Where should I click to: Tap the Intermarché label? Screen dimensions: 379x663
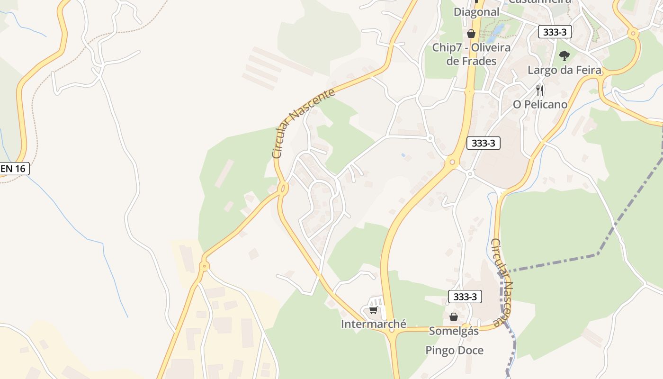click(374, 324)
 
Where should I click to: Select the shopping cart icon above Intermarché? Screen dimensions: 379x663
click(373, 310)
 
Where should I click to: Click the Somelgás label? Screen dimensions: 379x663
click(454, 331)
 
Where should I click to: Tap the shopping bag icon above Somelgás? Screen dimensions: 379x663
click(454, 317)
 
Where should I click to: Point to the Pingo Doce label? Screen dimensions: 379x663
click(454, 351)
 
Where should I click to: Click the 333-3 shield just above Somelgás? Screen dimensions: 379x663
click(465, 297)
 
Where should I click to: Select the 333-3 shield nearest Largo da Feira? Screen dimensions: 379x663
click(555, 32)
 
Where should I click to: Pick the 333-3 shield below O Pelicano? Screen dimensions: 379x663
click(483, 143)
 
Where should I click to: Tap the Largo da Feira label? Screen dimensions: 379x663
click(564, 70)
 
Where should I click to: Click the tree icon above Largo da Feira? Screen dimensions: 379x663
click(564, 56)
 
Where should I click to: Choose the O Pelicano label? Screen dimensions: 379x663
click(540, 104)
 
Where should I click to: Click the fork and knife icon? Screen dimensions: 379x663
click(540, 90)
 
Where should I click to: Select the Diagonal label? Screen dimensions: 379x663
click(476, 12)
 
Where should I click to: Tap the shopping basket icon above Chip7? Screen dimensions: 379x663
click(471, 34)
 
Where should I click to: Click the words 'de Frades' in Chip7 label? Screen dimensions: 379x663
click(471, 61)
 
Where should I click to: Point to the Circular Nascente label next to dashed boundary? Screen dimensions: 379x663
click(503, 282)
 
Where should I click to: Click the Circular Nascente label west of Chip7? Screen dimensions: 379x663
click(304, 123)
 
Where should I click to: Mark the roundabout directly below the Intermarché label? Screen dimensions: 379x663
click(391, 330)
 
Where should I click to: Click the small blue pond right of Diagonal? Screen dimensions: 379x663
click(497, 30)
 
